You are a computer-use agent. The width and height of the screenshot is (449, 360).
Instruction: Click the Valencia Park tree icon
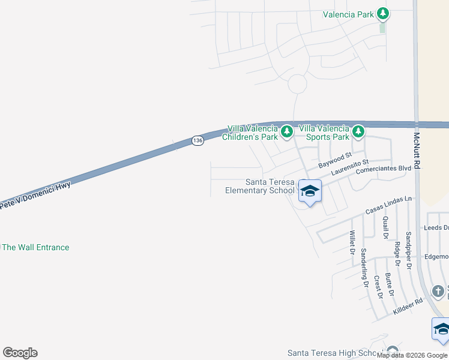382,14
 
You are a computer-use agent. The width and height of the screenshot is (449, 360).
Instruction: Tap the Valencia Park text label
348,14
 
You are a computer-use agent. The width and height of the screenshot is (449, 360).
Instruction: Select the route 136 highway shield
198,140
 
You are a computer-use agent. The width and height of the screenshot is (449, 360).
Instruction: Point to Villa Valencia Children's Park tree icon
287,131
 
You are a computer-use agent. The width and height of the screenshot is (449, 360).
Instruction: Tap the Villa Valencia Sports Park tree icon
358,131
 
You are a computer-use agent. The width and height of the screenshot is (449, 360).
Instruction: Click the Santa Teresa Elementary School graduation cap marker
310,191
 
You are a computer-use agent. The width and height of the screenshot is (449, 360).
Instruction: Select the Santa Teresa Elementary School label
261,187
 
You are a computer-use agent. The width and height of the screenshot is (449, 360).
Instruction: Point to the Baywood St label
334,160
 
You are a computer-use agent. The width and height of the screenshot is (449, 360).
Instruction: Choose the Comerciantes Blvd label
383,169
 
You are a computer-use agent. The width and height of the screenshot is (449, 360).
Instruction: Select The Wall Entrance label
36,247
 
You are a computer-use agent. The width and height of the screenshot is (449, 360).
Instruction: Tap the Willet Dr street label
352,242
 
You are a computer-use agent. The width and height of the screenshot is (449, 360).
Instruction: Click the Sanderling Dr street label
364,269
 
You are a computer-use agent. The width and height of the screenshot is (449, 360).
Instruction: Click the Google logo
20,353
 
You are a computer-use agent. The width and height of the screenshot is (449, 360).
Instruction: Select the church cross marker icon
439,292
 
